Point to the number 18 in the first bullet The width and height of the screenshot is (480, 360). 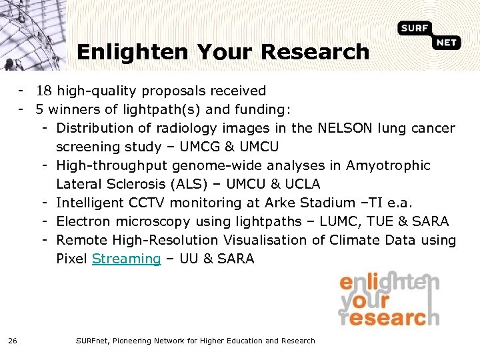click(x=45, y=91)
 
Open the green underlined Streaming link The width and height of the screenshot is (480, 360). click(x=127, y=259)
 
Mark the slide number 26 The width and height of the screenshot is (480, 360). click(x=13, y=341)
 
